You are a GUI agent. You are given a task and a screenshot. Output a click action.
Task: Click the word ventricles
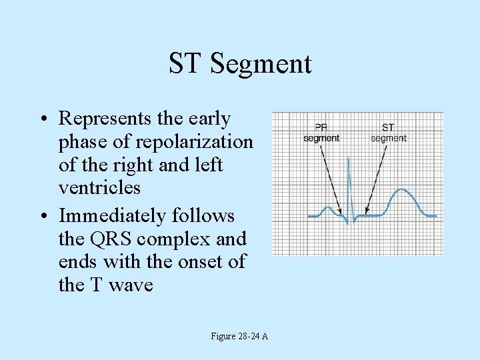tap(99, 188)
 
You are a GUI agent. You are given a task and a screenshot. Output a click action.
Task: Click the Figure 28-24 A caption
tap(239, 337)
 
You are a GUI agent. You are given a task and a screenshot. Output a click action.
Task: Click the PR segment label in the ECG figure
tap(321, 133)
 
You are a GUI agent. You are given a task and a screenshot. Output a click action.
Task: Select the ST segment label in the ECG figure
tap(388, 133)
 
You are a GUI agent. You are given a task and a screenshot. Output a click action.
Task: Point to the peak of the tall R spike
tap(349, 158)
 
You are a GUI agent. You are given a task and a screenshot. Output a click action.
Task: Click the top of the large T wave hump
tap(401, 190)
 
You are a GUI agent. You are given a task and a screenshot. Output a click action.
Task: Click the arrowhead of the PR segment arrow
tap(340, 213)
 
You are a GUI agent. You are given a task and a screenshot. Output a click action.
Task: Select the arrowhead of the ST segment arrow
tap(367, 213)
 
